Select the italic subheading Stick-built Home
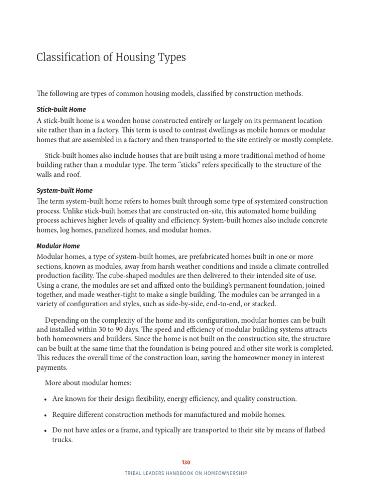(x=61, y=110)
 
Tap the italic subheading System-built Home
(x=64, y=191)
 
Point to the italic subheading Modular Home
(x=58, y=246)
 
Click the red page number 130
(x=186, y=463)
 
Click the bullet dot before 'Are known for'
(x=45, y=399)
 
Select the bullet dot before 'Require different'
(x=45, y=415)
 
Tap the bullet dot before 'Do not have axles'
(x=45, y=431)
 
